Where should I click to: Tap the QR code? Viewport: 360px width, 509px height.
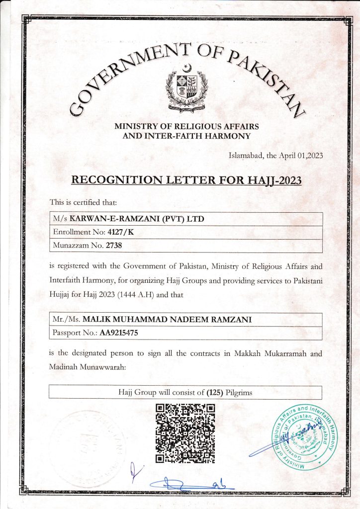pos(185,433)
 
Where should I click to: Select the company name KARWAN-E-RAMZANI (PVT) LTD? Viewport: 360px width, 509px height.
pos(137,219)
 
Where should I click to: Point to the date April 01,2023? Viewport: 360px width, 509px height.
pos(303,156)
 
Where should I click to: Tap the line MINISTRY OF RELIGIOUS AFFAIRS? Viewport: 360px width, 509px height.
pos(186,127)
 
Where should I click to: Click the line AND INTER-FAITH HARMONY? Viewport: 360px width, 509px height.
pos(186,136)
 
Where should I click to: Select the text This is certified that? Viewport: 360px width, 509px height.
pos(83,202)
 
